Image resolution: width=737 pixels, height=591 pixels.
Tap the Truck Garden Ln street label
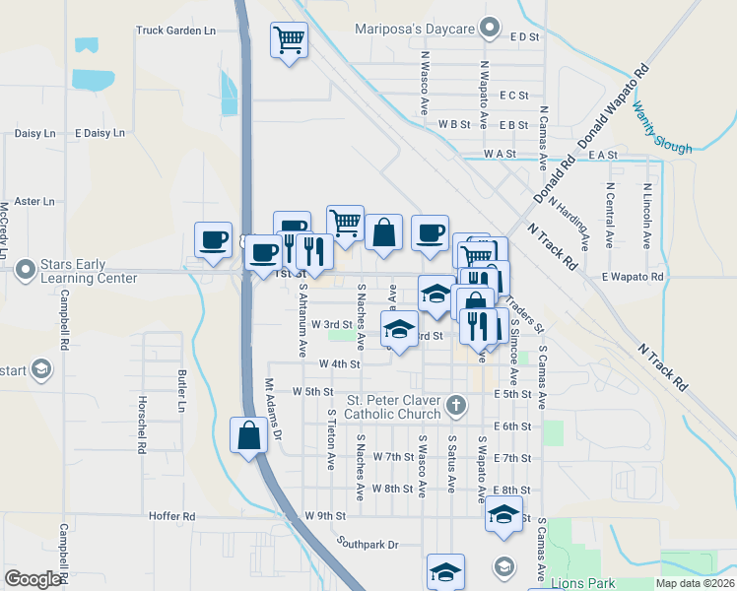tap(175, 31)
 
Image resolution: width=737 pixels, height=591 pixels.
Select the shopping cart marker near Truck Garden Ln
tap(290, 41)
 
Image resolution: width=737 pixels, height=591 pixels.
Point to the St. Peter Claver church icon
tap(455, 405)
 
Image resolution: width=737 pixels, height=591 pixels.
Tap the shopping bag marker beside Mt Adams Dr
tap(248, 434)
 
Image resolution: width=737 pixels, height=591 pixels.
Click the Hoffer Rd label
tap(172, 515)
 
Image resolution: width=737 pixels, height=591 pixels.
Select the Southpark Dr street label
tap(366, 543)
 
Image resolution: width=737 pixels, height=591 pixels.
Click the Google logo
tap(33, 579)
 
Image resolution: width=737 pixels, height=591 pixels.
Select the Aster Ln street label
tap(34, 201)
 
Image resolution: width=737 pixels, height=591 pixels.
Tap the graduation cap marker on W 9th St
tap(503, 514)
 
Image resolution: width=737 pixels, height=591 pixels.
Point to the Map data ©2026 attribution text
tap(694, 583)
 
